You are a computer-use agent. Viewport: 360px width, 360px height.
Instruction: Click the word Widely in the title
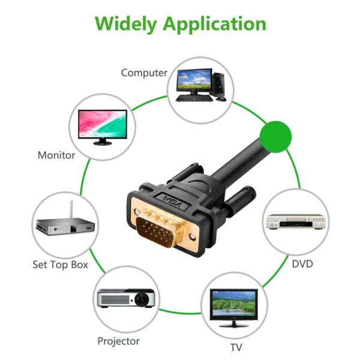[127, 24]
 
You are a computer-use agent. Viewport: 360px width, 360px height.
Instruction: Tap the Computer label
[144, 73]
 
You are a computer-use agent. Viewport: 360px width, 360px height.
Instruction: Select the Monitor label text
[56, 155]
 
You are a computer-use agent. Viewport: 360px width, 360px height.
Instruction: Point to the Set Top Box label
[60, 264]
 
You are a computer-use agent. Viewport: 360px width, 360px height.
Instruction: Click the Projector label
[118, 341]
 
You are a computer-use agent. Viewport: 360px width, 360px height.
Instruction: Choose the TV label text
[236, 347]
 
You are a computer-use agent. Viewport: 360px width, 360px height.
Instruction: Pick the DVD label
[302, 263]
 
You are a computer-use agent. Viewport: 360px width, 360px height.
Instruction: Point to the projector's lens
[142, 298]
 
